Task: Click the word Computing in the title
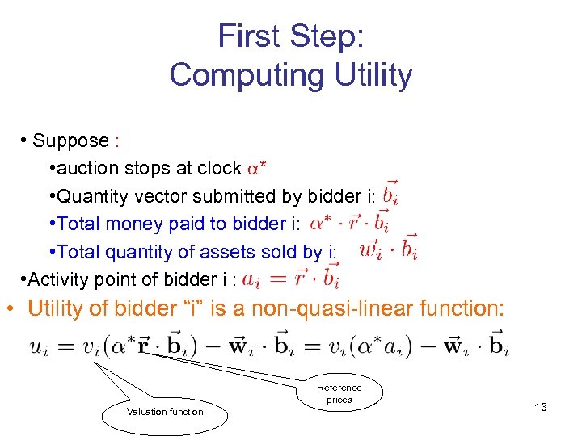235,75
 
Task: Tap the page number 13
541,407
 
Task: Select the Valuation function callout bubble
165,412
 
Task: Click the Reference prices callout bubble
339,394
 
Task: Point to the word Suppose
70,140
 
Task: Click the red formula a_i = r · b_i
291,278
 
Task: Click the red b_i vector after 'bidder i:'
392,193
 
